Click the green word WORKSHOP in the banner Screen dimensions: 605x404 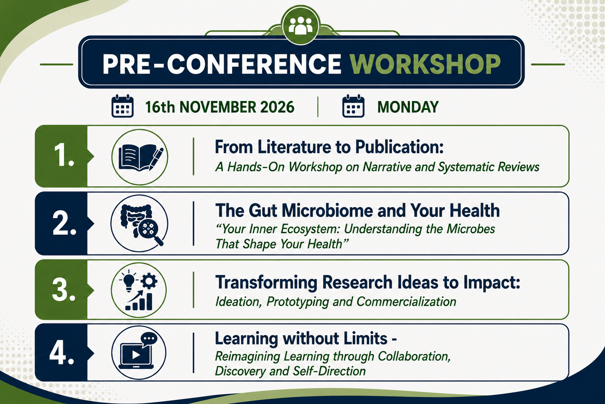pos(425,64)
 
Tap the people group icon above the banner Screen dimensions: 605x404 pos(301,26)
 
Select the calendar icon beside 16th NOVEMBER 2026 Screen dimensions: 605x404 pos(122,106)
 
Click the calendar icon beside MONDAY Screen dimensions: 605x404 pos(353,106)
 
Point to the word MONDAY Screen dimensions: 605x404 pos(408,107)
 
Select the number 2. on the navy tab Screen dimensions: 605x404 pos(64,223)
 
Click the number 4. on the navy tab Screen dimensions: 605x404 pos(62,353)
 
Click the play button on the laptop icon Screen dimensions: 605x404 pos(136,355)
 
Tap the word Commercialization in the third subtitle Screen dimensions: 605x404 pos(406,302)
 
